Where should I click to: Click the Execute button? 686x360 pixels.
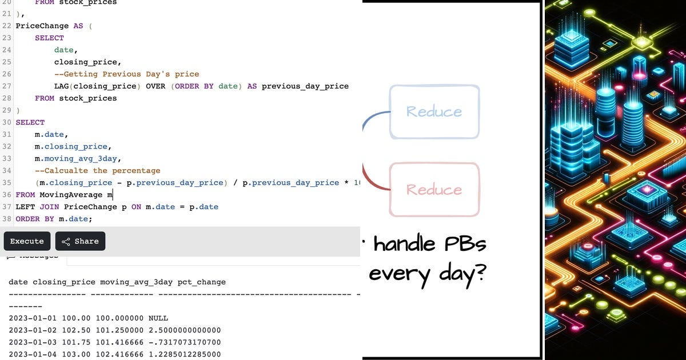(x=27, y=241)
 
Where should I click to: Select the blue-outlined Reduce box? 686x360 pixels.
(x=434, y=111)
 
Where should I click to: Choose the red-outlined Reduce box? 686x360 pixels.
(x=434, y=189)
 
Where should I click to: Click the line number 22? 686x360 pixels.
(x=7, y=26)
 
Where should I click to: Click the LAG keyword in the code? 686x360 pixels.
(x=61, y=86)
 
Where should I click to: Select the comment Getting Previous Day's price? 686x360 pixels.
(x=126, y=74)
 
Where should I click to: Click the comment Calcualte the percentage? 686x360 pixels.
(x=98, y=170)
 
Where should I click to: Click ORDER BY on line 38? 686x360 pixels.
(x=35, y=219)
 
